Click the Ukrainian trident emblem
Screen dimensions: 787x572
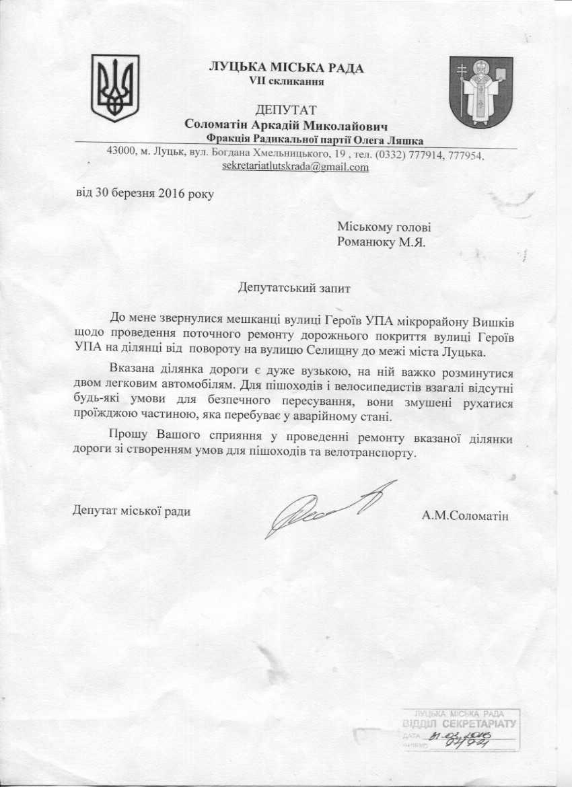point(115,88)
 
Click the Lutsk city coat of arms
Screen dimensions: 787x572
point(480,92)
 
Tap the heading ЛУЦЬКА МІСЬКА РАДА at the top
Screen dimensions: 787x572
point(287,67)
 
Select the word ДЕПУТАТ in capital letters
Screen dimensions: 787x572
point(286,110)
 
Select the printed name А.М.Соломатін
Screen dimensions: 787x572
point(465,517)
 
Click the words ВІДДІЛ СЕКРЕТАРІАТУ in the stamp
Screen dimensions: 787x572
point(458,724)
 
